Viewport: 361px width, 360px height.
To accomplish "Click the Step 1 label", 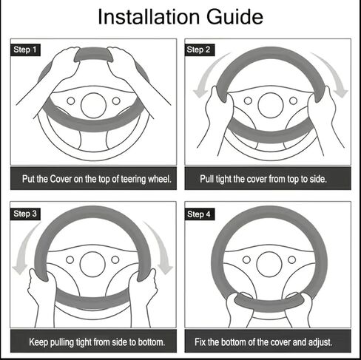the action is coord(25,50).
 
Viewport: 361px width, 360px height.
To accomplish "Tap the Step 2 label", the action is coord(200,50).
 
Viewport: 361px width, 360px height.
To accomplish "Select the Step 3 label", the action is coord(25,214).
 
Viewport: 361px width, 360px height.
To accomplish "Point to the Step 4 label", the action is coord(200,214).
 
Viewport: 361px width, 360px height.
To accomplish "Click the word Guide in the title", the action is coord(235,17).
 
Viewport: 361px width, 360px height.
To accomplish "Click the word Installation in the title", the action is coord(149,17).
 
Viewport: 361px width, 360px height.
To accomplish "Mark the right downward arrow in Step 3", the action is coord(161,246).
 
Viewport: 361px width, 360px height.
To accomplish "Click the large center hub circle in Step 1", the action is coord(93,106).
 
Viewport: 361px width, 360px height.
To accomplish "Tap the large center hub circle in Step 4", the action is coord(269,264).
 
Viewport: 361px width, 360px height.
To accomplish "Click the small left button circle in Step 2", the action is coord(248,101).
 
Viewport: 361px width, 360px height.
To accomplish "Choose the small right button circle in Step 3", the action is coord(115,259).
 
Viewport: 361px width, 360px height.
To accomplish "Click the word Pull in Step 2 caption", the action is coord(207,179).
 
